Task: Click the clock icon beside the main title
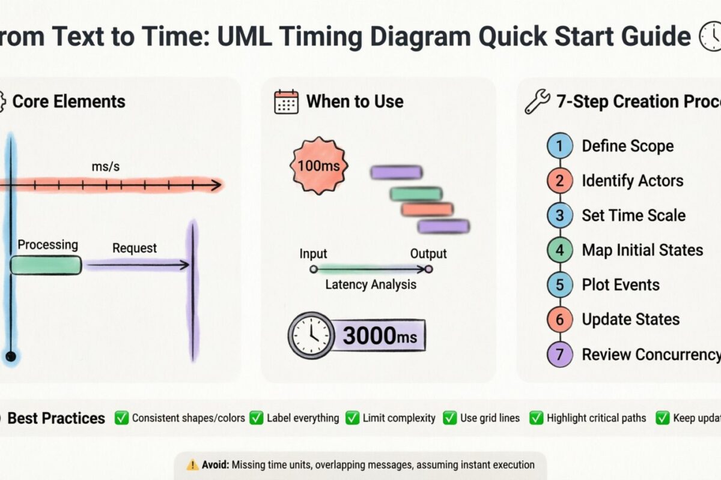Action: (x=710, y=38)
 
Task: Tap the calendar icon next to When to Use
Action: (x=286, y=102)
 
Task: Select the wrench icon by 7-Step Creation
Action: (x=537, y=102)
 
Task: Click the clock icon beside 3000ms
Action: (x=311, y=335)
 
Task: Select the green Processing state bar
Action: (x=46, y=265)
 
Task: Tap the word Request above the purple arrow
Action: (x=135, y=248)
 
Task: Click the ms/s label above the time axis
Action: (x=105, y=167)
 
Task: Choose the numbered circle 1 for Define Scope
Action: (x=560, y=146)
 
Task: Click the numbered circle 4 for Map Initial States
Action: (x=560, y=250)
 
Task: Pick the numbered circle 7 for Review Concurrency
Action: (x=560, y=355)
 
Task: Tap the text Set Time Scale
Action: (x=633, y=215)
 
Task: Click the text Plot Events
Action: (x=620, y=285)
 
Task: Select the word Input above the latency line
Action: (x=313, y=254)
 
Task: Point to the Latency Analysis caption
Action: (x=370, y=284)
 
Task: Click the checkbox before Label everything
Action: (x=257, y=418)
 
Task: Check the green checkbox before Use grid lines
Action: (x=449, y=418)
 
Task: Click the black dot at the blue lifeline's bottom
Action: (x=10, y=356)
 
